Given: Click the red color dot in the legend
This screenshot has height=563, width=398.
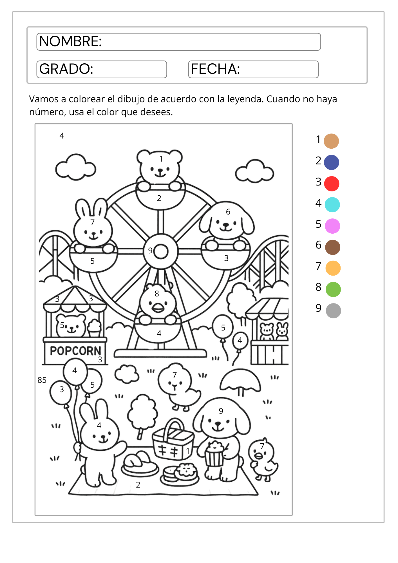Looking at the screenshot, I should (332, 184).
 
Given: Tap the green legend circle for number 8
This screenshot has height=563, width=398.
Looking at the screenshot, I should (333, 289).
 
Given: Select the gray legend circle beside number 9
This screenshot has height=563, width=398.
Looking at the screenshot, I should (333, 311).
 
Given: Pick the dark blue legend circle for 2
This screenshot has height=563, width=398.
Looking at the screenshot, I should (331, 162).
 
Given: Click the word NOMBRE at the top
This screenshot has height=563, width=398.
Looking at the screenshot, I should (70, 41).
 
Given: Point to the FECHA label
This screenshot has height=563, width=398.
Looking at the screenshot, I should (215, 69).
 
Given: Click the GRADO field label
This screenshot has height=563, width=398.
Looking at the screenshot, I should (66, 69).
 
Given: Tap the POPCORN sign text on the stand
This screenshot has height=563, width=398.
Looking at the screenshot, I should (75, 351).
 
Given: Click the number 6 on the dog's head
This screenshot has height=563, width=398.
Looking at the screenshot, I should (228, 212).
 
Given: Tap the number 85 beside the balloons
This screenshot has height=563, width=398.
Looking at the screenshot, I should (42, 380).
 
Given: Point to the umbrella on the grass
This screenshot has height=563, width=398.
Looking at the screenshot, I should (240, 380).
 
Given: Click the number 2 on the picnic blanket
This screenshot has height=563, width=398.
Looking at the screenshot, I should (138, 485).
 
